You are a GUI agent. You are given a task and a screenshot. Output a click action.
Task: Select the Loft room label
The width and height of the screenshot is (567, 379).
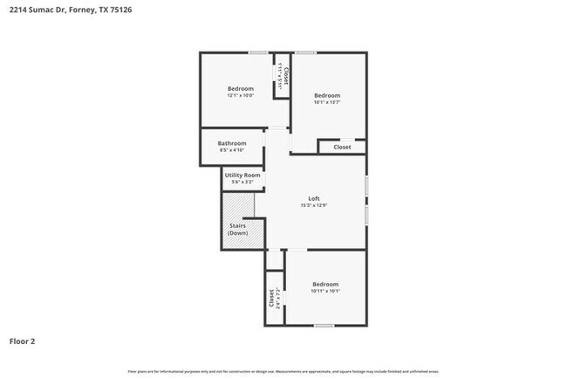point(314,197)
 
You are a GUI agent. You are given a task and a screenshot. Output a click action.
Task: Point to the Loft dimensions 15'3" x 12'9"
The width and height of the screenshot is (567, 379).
point(314,205)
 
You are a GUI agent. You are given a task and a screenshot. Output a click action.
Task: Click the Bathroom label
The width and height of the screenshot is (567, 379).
point(232,143)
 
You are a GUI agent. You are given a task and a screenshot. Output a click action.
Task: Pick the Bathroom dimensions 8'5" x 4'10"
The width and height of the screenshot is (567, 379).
point(232,150)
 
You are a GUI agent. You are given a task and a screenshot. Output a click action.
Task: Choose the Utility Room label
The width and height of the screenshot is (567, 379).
point(243,175)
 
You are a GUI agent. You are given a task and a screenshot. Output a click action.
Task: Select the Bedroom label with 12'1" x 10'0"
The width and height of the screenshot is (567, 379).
point(241,88)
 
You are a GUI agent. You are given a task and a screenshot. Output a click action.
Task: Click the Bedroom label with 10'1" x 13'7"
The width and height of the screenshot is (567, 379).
point(326,95)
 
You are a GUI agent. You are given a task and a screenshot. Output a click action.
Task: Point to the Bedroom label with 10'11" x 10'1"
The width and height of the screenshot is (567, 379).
point(325,283)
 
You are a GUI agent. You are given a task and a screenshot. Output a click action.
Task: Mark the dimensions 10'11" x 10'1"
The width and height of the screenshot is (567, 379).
point(325,291)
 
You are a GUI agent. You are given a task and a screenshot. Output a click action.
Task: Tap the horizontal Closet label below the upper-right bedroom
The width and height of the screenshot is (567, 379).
point(342,148)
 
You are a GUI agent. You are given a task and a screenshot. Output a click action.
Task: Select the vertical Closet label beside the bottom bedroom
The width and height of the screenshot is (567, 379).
point(271,299)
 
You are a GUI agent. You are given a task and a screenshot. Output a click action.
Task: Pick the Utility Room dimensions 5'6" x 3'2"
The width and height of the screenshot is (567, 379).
point(243,182)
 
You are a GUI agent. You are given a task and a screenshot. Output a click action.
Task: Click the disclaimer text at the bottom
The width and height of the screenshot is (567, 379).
point(283,371)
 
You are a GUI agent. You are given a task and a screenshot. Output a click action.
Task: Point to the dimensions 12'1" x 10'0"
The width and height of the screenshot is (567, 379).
point(241,96)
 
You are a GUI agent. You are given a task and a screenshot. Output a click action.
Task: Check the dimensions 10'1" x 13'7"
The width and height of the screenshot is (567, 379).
point(326,103)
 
